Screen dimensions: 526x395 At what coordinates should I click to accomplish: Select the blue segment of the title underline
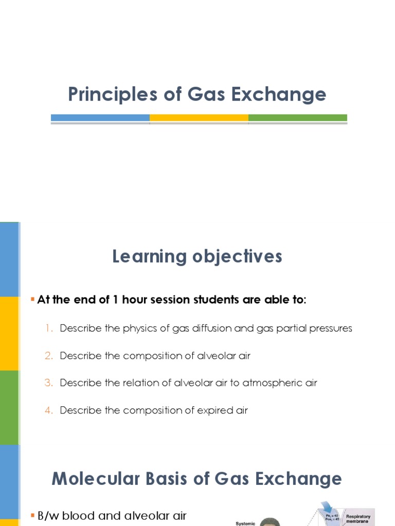pyautogui.click(x=100, y=118)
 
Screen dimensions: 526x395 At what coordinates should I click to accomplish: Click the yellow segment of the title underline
pyautogui.click(x=199, y=118)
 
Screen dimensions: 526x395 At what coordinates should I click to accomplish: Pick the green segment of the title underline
pyautogui.click(x=297, y=118)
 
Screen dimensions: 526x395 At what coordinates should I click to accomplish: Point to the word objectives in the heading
pyautogui.click(x=237, y=256)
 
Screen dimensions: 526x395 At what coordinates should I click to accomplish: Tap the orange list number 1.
pyautogui.click(x=49, y=328)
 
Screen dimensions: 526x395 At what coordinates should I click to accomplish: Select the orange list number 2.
pyautogui.click(x=49, y=355)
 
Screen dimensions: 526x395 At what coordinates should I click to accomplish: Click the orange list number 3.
pyautogui.click(x=49, y=383)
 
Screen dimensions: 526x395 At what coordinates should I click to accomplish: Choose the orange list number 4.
pyautogui.click(x=49, y=410)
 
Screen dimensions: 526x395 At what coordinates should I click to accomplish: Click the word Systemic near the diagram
pyautogui.click(x=245, y=523)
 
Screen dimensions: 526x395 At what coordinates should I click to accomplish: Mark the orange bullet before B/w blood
pyautogui.click(x=33, y=515)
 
